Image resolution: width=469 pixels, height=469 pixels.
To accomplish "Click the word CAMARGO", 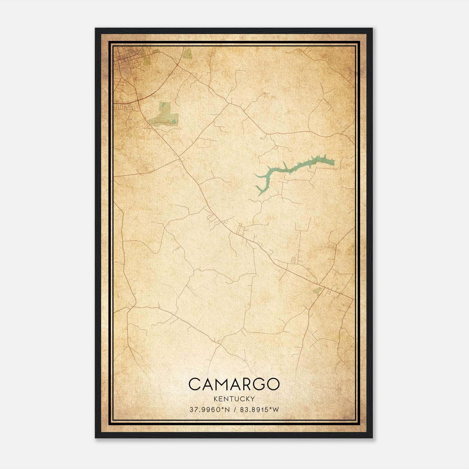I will coord(234,384).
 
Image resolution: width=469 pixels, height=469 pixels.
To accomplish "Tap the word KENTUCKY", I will coord(234,399).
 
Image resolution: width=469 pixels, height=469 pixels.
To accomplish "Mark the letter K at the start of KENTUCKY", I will coord(216,399).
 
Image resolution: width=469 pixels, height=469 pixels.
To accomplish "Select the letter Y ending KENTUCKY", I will coord(253,399).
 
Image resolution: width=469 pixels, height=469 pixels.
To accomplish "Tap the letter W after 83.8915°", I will coord(276,410).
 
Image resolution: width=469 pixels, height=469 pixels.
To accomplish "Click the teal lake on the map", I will coord(293,169).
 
